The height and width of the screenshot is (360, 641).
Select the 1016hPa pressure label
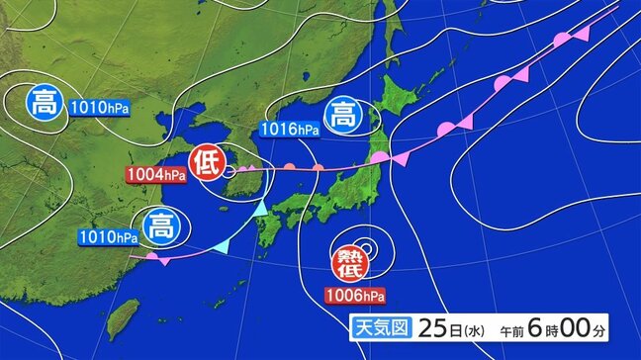pos(289,129)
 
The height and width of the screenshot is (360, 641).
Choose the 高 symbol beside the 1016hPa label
pos(342,114)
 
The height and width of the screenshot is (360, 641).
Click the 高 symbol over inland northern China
pos(46,102)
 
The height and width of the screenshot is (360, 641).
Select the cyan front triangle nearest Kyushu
pos(259,209)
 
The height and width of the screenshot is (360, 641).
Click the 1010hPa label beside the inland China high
pos(101,105)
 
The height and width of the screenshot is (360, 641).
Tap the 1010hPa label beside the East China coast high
pos(107,237)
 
